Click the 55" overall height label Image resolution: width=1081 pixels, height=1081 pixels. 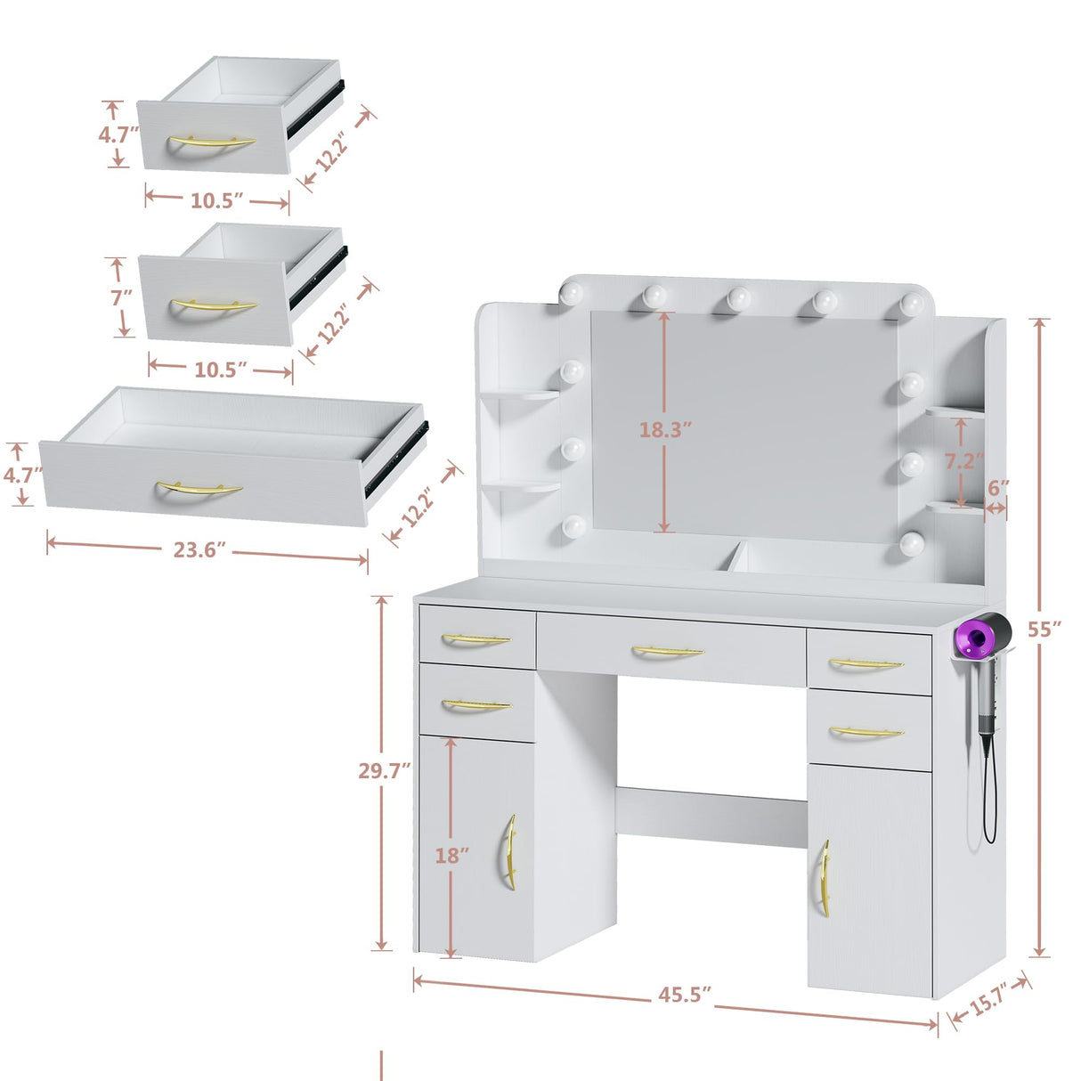coord(1044,629)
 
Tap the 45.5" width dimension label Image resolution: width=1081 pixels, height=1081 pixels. coord(684,995)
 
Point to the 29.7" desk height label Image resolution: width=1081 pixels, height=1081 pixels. coord(385,770)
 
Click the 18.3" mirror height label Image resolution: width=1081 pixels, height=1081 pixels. coord(664,429)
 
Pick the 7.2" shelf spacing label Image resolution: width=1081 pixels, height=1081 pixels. coord(963,461)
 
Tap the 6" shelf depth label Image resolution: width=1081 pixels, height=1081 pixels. coord(998,488)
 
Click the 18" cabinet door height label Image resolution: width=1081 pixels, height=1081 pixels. coord(451,855)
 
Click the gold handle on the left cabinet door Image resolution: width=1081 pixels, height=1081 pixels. coord(510,851)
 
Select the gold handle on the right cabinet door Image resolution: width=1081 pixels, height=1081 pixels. coord(825,878)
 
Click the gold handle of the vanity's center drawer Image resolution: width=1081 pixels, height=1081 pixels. coord(668,653)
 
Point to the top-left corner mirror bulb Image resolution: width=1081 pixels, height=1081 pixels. coord(572,293)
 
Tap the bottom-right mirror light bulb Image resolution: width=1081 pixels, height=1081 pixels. coord(910,543)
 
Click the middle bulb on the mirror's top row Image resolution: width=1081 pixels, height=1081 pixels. coord(738,298)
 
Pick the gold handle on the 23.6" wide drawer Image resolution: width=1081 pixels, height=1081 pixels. coord(199,489)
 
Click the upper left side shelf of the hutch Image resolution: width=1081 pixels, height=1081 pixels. coord(521,394)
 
